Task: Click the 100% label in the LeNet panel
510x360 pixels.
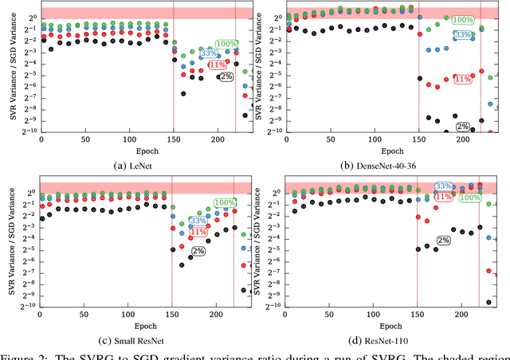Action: click(x=226, y=44)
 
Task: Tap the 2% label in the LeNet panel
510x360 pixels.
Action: click(x=226, y=77)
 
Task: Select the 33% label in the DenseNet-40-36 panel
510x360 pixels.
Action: click(x=463, y=35)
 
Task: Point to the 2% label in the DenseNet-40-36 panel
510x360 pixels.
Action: click(x=463, y=127)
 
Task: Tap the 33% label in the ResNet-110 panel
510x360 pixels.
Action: click(x=444, y=186)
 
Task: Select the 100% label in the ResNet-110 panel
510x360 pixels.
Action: click(x=470, y=197)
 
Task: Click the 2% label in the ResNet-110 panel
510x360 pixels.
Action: click(x=444, y=240)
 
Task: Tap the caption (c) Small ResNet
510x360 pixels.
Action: click(x=130, y=340)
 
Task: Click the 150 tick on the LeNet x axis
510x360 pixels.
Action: click(x=174, y=139)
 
